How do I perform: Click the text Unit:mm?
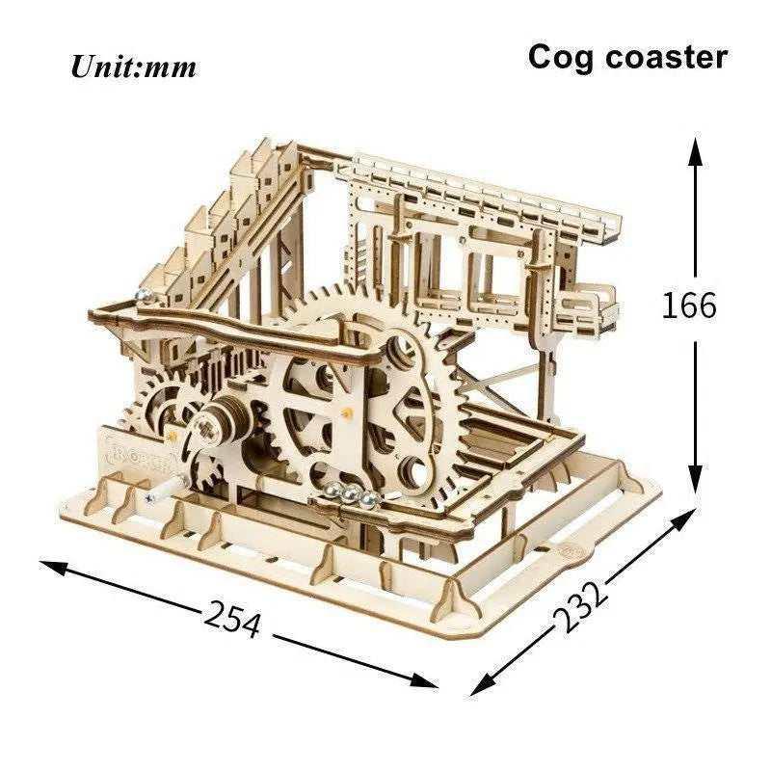(133, 66)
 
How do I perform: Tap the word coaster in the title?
(666, 57)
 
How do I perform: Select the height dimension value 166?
(689, 305)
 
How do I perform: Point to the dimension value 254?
(231, 618)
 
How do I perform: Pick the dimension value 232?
(581, 607)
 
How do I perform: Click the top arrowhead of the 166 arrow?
(694, 151)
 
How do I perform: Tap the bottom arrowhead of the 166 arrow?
(694, 478)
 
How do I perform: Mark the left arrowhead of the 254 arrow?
(53, 567)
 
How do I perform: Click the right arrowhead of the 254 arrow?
(424, 680)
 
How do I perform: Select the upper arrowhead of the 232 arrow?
(682, 518)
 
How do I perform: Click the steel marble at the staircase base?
(144, 297)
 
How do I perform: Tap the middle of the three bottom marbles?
(351, 493)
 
